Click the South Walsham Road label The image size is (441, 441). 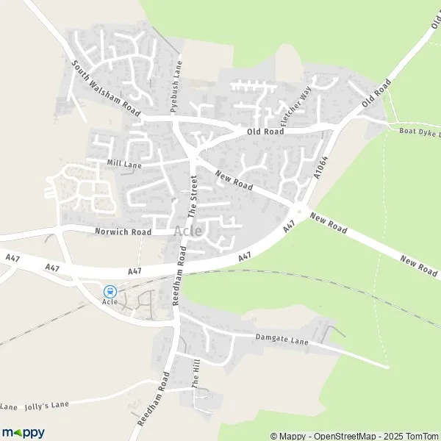tap(106, 87)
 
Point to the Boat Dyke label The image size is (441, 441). tap(419, 132)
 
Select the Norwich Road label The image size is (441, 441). tap(123, 232)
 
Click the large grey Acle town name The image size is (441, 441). tap(188, 231)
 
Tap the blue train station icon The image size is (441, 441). tap(110, 291)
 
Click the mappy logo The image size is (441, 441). tap(23, 432)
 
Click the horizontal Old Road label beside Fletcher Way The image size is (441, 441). tap(265, 132)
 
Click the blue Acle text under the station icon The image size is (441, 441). tap(110, 301)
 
